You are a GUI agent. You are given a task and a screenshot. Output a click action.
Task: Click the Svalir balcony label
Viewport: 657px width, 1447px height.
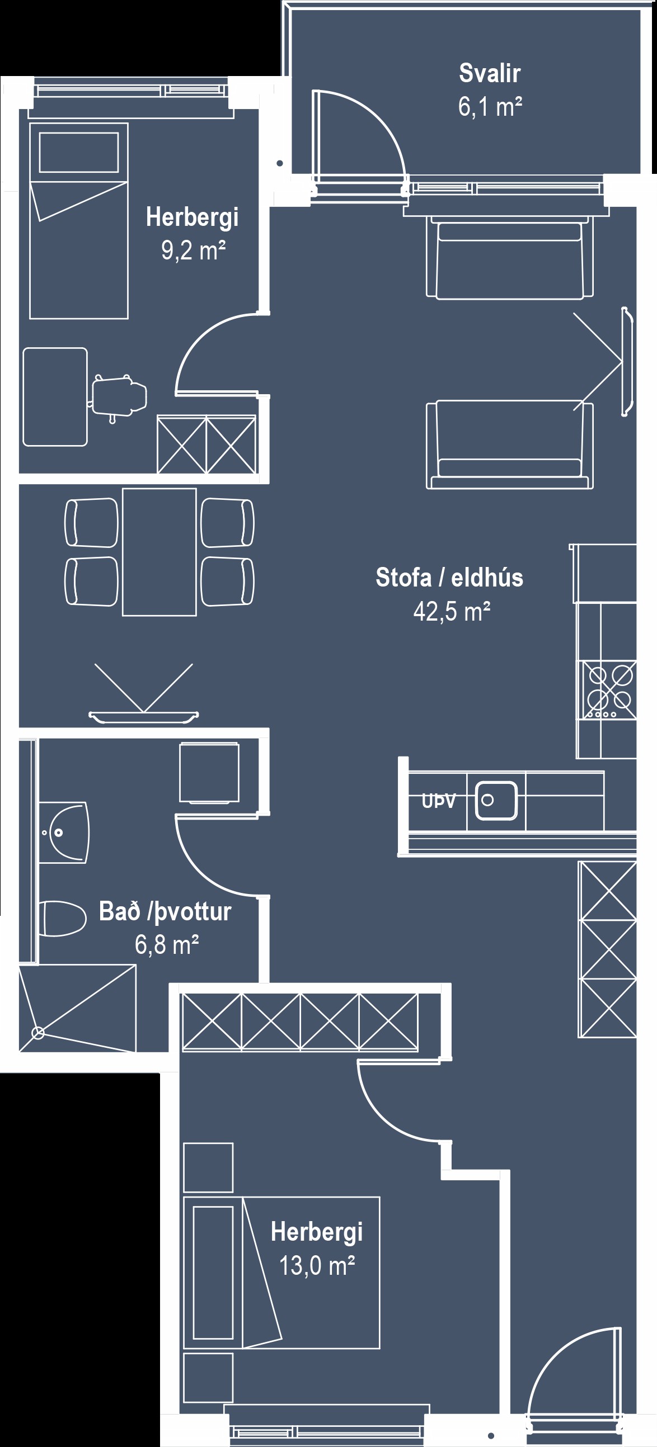(490, 73)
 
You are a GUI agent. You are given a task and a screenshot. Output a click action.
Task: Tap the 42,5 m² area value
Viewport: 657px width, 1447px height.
(452, 611)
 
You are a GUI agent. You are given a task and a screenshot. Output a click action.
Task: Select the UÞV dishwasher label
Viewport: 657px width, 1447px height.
(438, 801)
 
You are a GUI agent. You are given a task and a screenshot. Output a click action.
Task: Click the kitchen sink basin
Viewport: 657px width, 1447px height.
(496, 801)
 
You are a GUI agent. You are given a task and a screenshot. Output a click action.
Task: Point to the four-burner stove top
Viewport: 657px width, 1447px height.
(609, 690)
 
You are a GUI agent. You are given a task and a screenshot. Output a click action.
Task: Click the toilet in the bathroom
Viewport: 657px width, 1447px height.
(62, 919)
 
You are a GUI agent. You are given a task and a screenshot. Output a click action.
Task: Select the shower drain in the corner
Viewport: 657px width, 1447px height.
(38, 1032)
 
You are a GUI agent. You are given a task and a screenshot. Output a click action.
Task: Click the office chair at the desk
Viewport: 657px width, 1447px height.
(118, 396)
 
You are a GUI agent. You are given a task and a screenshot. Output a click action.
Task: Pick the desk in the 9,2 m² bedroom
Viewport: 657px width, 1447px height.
(55, 396)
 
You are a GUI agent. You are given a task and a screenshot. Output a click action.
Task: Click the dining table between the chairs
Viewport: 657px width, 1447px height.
(159, 552)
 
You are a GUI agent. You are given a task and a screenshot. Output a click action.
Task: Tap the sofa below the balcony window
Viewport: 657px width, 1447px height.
(509, 257)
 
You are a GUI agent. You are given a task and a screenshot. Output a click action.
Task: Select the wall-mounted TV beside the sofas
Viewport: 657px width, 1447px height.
(626, 362)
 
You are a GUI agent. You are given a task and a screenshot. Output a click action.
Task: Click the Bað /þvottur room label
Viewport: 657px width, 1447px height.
(165, 911)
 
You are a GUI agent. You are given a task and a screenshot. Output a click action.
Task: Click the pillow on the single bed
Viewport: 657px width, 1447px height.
(79, 152)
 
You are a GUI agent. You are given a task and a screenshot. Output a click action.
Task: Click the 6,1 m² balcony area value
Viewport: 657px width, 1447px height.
(490, 106)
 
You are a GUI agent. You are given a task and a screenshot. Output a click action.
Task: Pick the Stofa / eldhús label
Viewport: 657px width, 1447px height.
(449, 577)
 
